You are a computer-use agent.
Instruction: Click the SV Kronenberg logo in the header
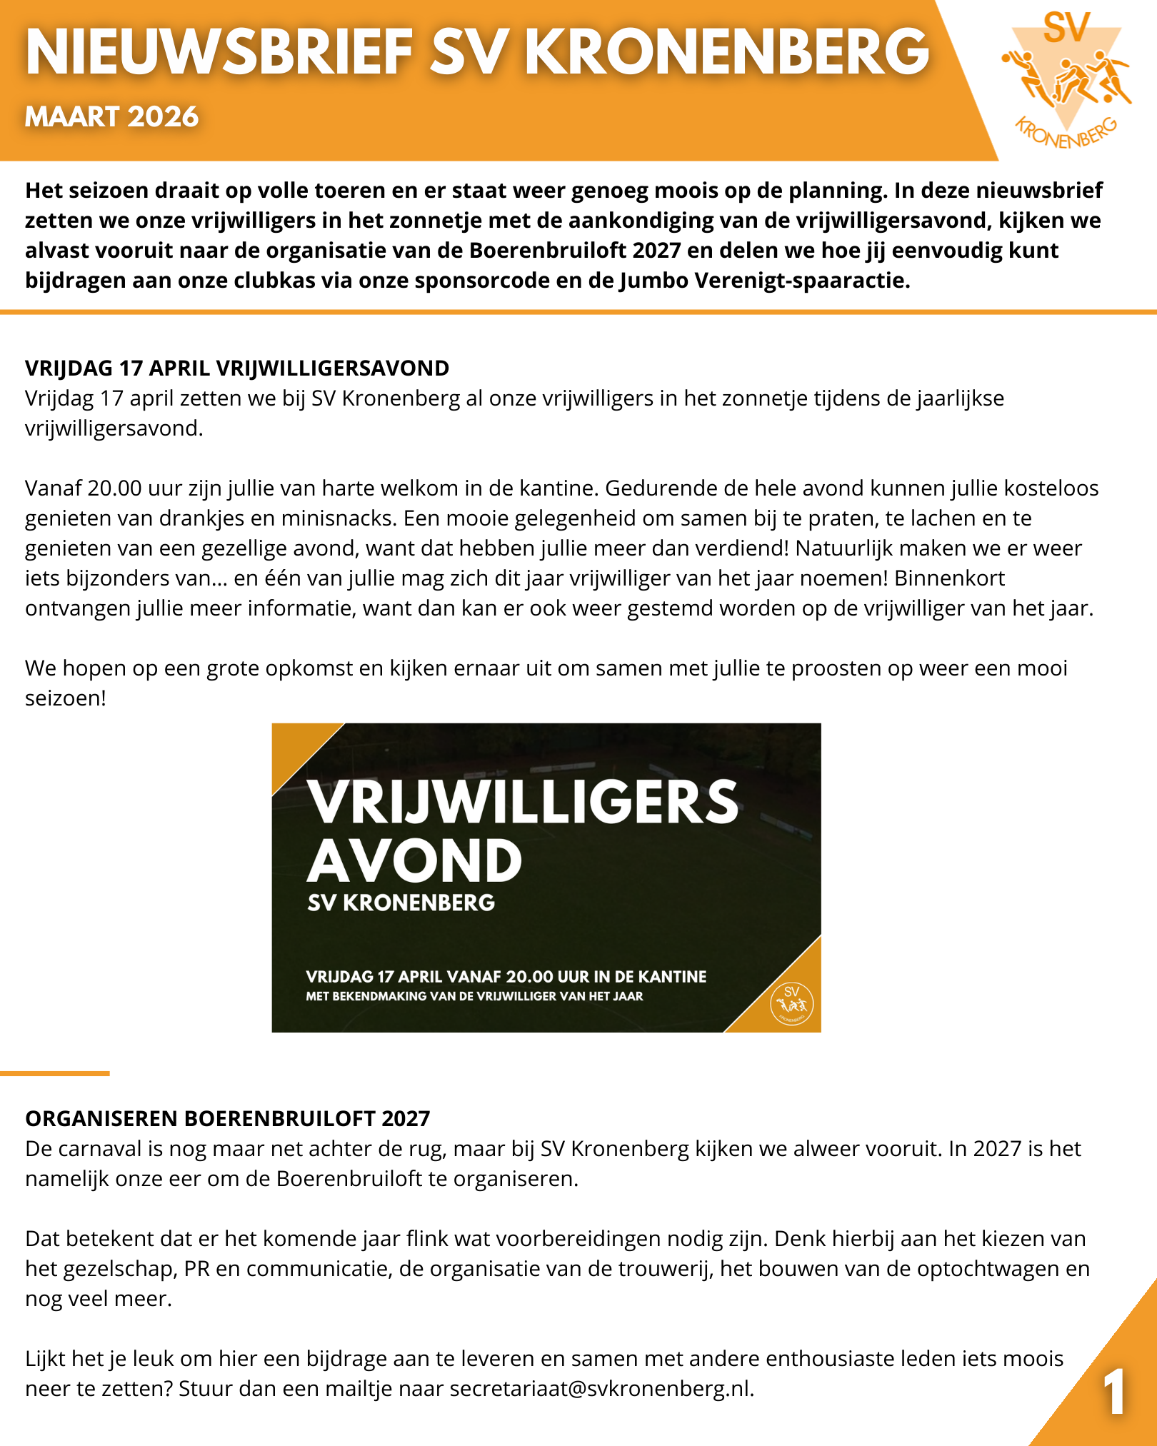(x=1067, y=79)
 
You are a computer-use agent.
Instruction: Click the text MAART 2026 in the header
(x=111, y=116)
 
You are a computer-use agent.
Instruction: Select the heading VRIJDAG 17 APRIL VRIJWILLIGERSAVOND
(x=237, y=368)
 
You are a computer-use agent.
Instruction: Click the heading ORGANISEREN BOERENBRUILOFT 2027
(x=228, y=1118)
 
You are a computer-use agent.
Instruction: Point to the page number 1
(x=1114, y=1392)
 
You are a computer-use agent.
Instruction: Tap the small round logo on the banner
(x=791, y=1004)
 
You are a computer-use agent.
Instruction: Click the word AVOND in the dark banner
(x=415, y=860)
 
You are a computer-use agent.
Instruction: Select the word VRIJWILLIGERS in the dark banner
(x=523, y=802)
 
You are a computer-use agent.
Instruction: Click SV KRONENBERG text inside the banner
(x=401, y=903)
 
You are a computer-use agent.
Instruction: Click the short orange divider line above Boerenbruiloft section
(x=55, y=1073)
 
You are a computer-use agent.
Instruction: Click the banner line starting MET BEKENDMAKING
(x=474, y=996)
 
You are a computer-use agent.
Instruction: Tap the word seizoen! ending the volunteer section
(x=66, y=698)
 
